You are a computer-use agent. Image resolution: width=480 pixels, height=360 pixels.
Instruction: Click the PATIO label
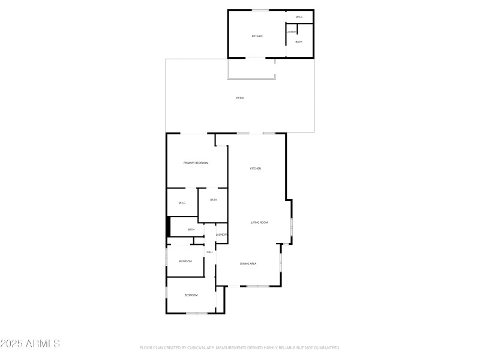[239, 98]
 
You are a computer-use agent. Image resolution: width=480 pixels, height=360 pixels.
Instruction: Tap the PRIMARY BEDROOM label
[196, 163]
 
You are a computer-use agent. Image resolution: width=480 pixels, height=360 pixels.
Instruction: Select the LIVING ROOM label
[259, 223]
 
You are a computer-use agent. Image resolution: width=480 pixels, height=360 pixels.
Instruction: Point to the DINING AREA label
[248, 264]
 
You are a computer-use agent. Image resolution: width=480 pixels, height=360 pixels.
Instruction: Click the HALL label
[210, 252]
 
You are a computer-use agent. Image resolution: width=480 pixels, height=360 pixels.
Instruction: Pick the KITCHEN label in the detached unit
[257, 36]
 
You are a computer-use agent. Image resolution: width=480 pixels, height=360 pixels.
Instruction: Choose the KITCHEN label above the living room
[256, 169]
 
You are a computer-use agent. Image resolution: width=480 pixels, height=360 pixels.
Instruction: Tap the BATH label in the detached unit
[299, 41]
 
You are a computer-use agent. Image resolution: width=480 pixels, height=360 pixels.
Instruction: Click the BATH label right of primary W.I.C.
[213, 200]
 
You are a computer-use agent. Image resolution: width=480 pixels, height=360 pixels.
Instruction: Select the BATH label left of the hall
[191, 229]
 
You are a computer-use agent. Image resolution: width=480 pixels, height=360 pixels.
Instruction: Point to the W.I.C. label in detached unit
[299, 17]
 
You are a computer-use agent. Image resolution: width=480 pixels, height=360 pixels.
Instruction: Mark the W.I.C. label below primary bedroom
[182, 203]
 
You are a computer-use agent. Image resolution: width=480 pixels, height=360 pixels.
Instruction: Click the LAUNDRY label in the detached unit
[292, 32]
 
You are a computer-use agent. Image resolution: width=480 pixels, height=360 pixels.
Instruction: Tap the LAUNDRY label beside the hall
[221, 234]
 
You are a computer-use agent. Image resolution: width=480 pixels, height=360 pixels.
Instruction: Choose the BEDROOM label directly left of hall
[185, 261]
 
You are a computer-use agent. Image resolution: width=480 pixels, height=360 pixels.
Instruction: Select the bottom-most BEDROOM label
[191, 295]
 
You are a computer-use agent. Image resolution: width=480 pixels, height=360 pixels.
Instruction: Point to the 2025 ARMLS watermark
[30, 344]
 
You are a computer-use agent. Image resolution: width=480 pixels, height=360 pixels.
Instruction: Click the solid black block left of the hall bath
[169, 227]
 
